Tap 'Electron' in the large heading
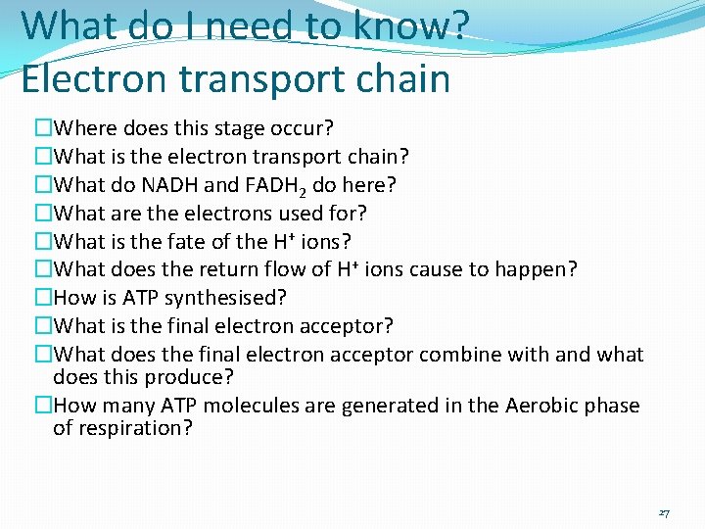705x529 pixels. (x=102, y=78)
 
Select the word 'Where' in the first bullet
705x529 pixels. (x=84, y=128)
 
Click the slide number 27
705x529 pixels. (x=664, y=513)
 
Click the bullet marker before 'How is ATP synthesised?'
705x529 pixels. (x=43, y=298)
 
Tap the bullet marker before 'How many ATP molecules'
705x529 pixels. (x=43, y=406)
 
